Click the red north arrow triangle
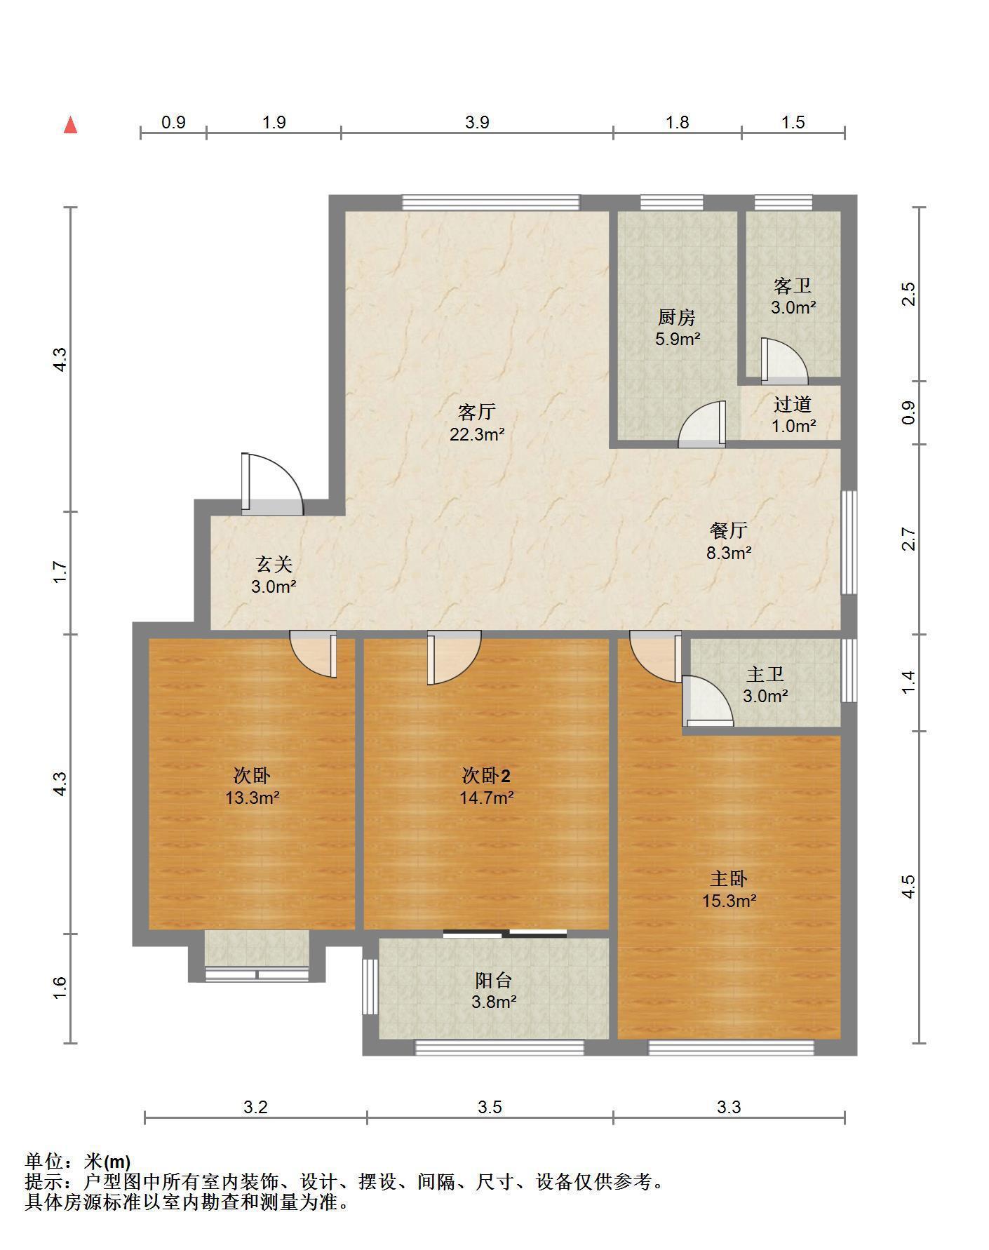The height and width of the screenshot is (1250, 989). click(x=70, y=126)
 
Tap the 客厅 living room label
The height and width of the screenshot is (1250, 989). click(x=477, y=411)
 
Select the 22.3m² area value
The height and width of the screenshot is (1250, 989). click(x=477, y=434)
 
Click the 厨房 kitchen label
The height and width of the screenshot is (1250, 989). click(x=677, y=317)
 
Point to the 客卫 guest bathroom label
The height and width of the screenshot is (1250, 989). click(x=793, y=285)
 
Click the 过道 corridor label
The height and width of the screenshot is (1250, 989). click(x=793, y=404)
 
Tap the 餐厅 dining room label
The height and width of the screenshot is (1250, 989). click(x=729, y=530)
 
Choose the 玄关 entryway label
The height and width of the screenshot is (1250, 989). click(x=274, y=564)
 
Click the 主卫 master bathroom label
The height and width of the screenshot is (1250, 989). click(x=765, y=674)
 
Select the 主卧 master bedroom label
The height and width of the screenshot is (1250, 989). click(x=729, y=878)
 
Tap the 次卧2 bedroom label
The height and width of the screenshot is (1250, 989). click(x=486, y=775)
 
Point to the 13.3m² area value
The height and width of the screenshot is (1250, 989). click(x=253, y=798)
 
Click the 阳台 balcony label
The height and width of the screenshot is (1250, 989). click(x=494, y=980)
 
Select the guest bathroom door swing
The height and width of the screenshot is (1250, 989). click(x=784, y=361)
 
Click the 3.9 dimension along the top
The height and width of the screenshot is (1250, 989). click(x=477, y=122)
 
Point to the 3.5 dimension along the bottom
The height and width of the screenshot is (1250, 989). click(x=490, y=1107)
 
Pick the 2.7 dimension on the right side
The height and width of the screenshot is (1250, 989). click(x=909, y=539)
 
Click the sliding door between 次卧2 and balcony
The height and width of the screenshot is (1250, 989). click(x=505, y=933)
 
